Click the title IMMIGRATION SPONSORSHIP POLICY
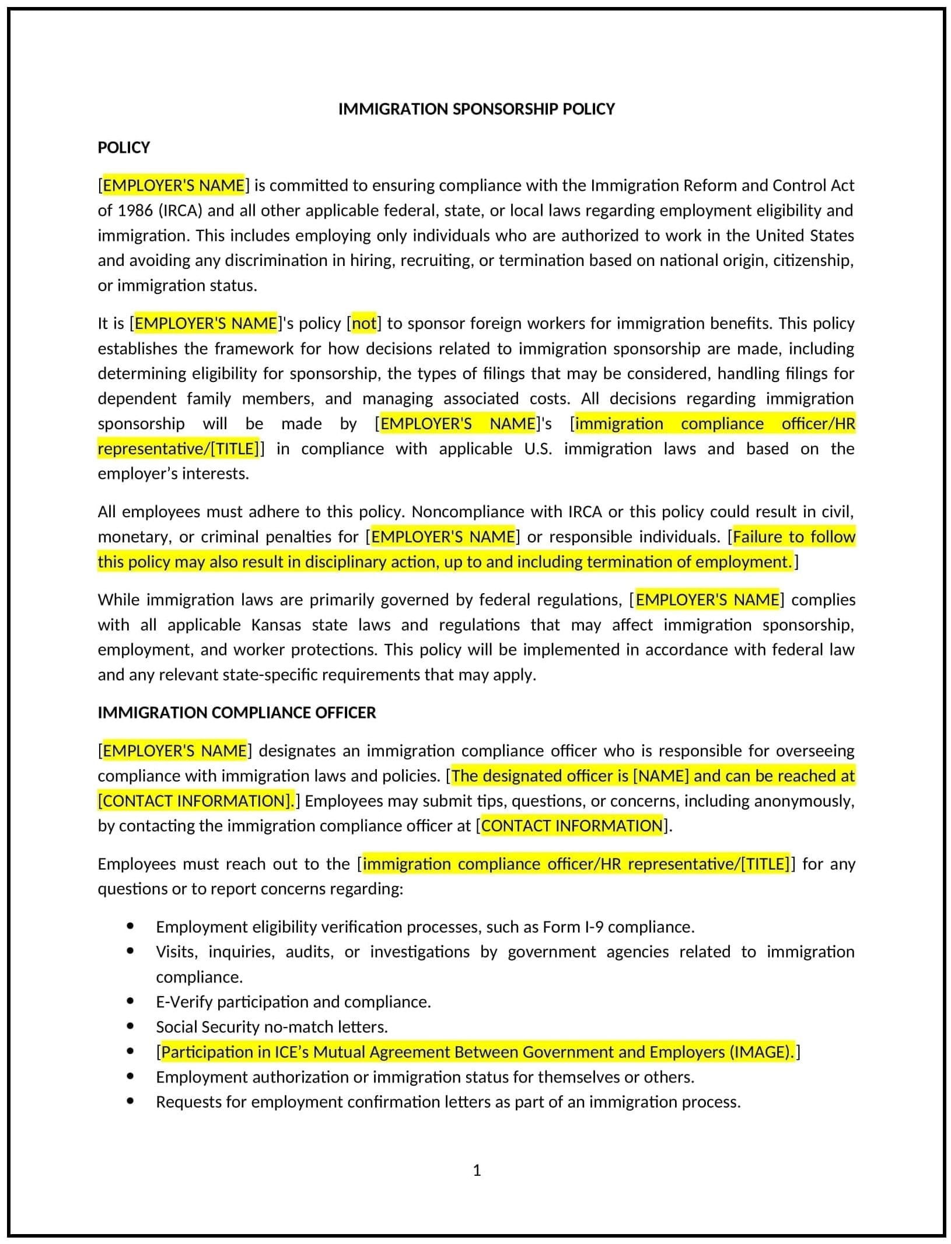click(476, 109)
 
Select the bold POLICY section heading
click(124, 148)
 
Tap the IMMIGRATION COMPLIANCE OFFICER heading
click(236, 713)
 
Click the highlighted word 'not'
click(365, 324)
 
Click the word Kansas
click(276, 625)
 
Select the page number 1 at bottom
click(477, 1171)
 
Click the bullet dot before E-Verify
click(130, 1002)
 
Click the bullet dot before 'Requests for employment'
click(130, 1102)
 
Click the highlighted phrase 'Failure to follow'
click(793, 537)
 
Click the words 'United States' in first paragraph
click(805, 236)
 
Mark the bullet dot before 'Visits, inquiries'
click(130, 952)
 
